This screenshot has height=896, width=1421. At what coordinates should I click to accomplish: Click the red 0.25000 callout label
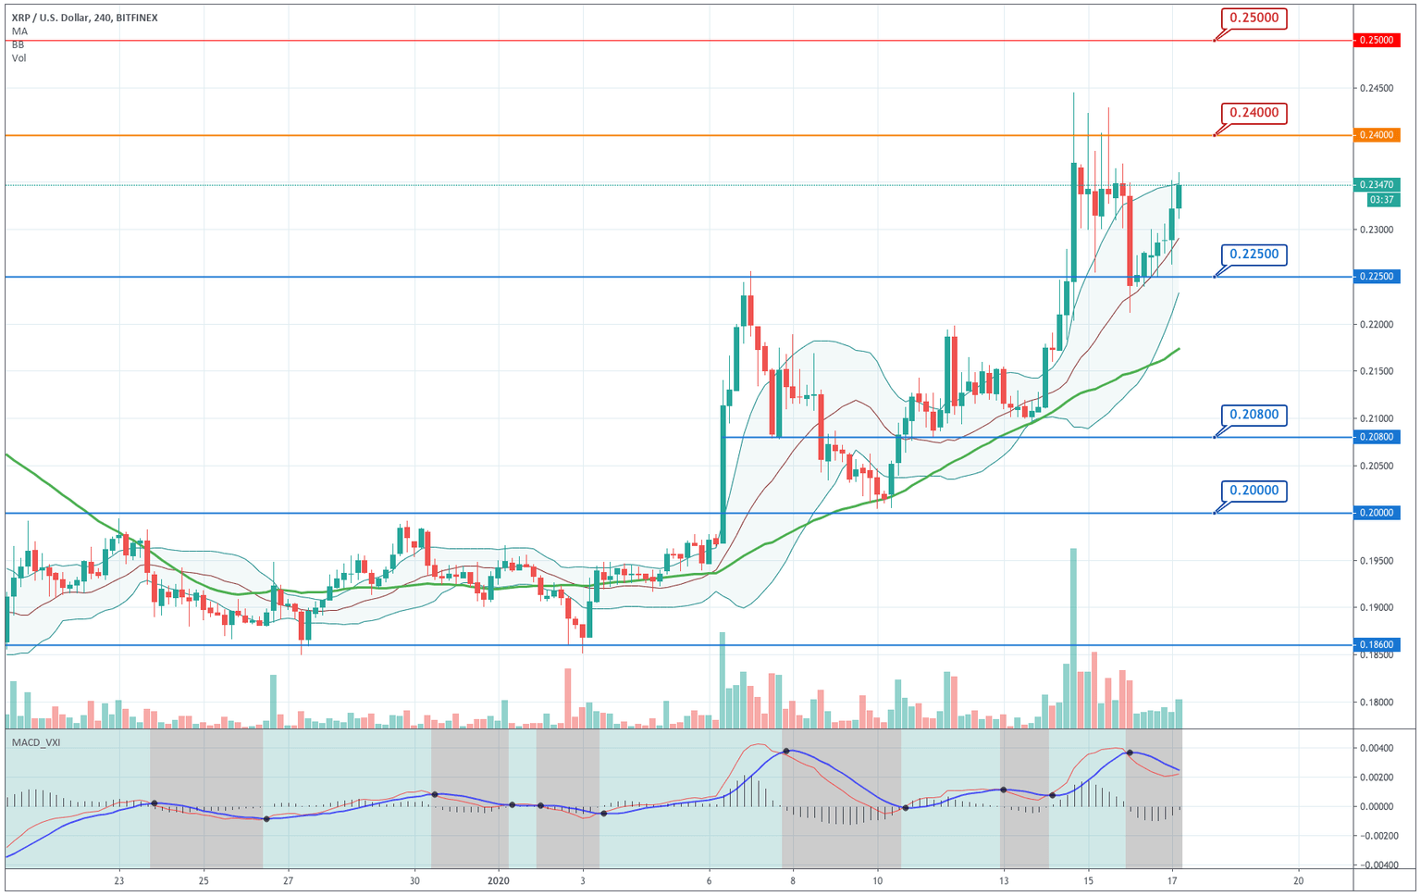coord(1254,18)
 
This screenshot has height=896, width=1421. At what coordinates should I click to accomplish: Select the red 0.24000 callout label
coord(1254,113)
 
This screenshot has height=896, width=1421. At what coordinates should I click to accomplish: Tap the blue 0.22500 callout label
coord(1254,255)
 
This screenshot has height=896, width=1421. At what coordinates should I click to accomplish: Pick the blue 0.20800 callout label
coord(1254,415)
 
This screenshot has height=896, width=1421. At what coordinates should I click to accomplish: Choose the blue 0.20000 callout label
coord(1254,491)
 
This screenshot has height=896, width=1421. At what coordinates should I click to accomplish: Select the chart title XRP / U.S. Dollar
coord(50,18)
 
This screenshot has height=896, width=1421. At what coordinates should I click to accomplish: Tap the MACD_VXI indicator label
coord(36,742)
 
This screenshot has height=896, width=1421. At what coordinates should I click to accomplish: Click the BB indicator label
coord(19,44)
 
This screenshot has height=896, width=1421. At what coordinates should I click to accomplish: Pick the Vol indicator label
coord(19,58)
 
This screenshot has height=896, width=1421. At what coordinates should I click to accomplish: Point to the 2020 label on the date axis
coord(499,880)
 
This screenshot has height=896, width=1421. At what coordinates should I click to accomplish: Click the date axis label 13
coord(1003,880)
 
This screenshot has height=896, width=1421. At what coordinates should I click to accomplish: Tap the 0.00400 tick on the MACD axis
coord(1376,748)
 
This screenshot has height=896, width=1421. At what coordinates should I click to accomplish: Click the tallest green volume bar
coord(1073,639)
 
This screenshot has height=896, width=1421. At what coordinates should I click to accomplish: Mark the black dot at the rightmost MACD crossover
coord(1130,753)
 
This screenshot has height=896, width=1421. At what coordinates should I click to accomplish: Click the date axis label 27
coord(289,880)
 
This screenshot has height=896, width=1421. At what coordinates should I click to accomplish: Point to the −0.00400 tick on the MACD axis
coord(1374,865)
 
